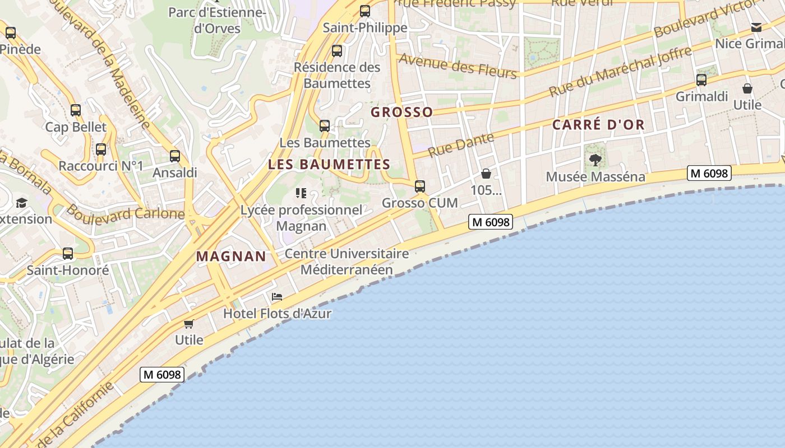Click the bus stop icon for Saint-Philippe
[365, 11]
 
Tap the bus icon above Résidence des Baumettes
[337, 50]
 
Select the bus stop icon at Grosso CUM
[420, 186]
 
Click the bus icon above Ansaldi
[175, 156]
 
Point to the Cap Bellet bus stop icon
[76, 110]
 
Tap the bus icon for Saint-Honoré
[68, 254]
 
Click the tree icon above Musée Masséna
[595, 160]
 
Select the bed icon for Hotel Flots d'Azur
[276, 297]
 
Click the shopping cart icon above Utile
[189, 324]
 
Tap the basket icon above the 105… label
[486, 174]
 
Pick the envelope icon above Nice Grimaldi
[756, 27]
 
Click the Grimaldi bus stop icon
[701, 80]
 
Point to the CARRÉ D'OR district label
[598, 125]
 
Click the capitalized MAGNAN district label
[231, 256]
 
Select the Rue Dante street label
[461, 145]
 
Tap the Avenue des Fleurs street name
[458, 67]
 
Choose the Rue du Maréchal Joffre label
[620, 72]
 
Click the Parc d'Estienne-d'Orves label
[216, 20]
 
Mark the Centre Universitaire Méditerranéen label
[347, 262]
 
